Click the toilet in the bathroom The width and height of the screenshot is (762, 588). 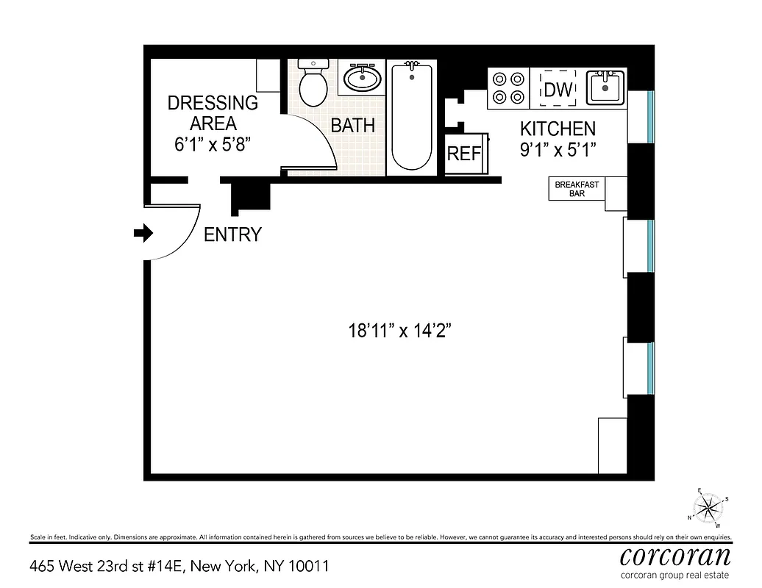[x=313, y=85]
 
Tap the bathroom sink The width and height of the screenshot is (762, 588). [x=362, y=77]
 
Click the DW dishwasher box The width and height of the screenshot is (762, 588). [x=556, y=89]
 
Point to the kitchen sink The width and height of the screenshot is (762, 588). [x=605, y=87]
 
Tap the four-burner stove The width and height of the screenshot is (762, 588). [x=509, y=87]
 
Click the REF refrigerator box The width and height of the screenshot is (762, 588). [x=463, y=154]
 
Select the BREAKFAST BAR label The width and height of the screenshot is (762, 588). [x=577, y=189]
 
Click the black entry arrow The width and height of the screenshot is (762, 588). [x=143, y=234]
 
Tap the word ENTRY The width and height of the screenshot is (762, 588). [x=232, y=235]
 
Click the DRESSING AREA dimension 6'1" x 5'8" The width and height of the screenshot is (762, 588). [x=213, y=144]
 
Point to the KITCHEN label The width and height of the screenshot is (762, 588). [x=558, y=129]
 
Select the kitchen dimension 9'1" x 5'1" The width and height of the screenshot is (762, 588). [x=558, y=149]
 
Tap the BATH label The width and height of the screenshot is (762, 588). [x=352, y=126]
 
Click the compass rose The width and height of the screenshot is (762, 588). [x=708, y=507]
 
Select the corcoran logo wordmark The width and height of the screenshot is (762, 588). [x=675, y=554]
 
